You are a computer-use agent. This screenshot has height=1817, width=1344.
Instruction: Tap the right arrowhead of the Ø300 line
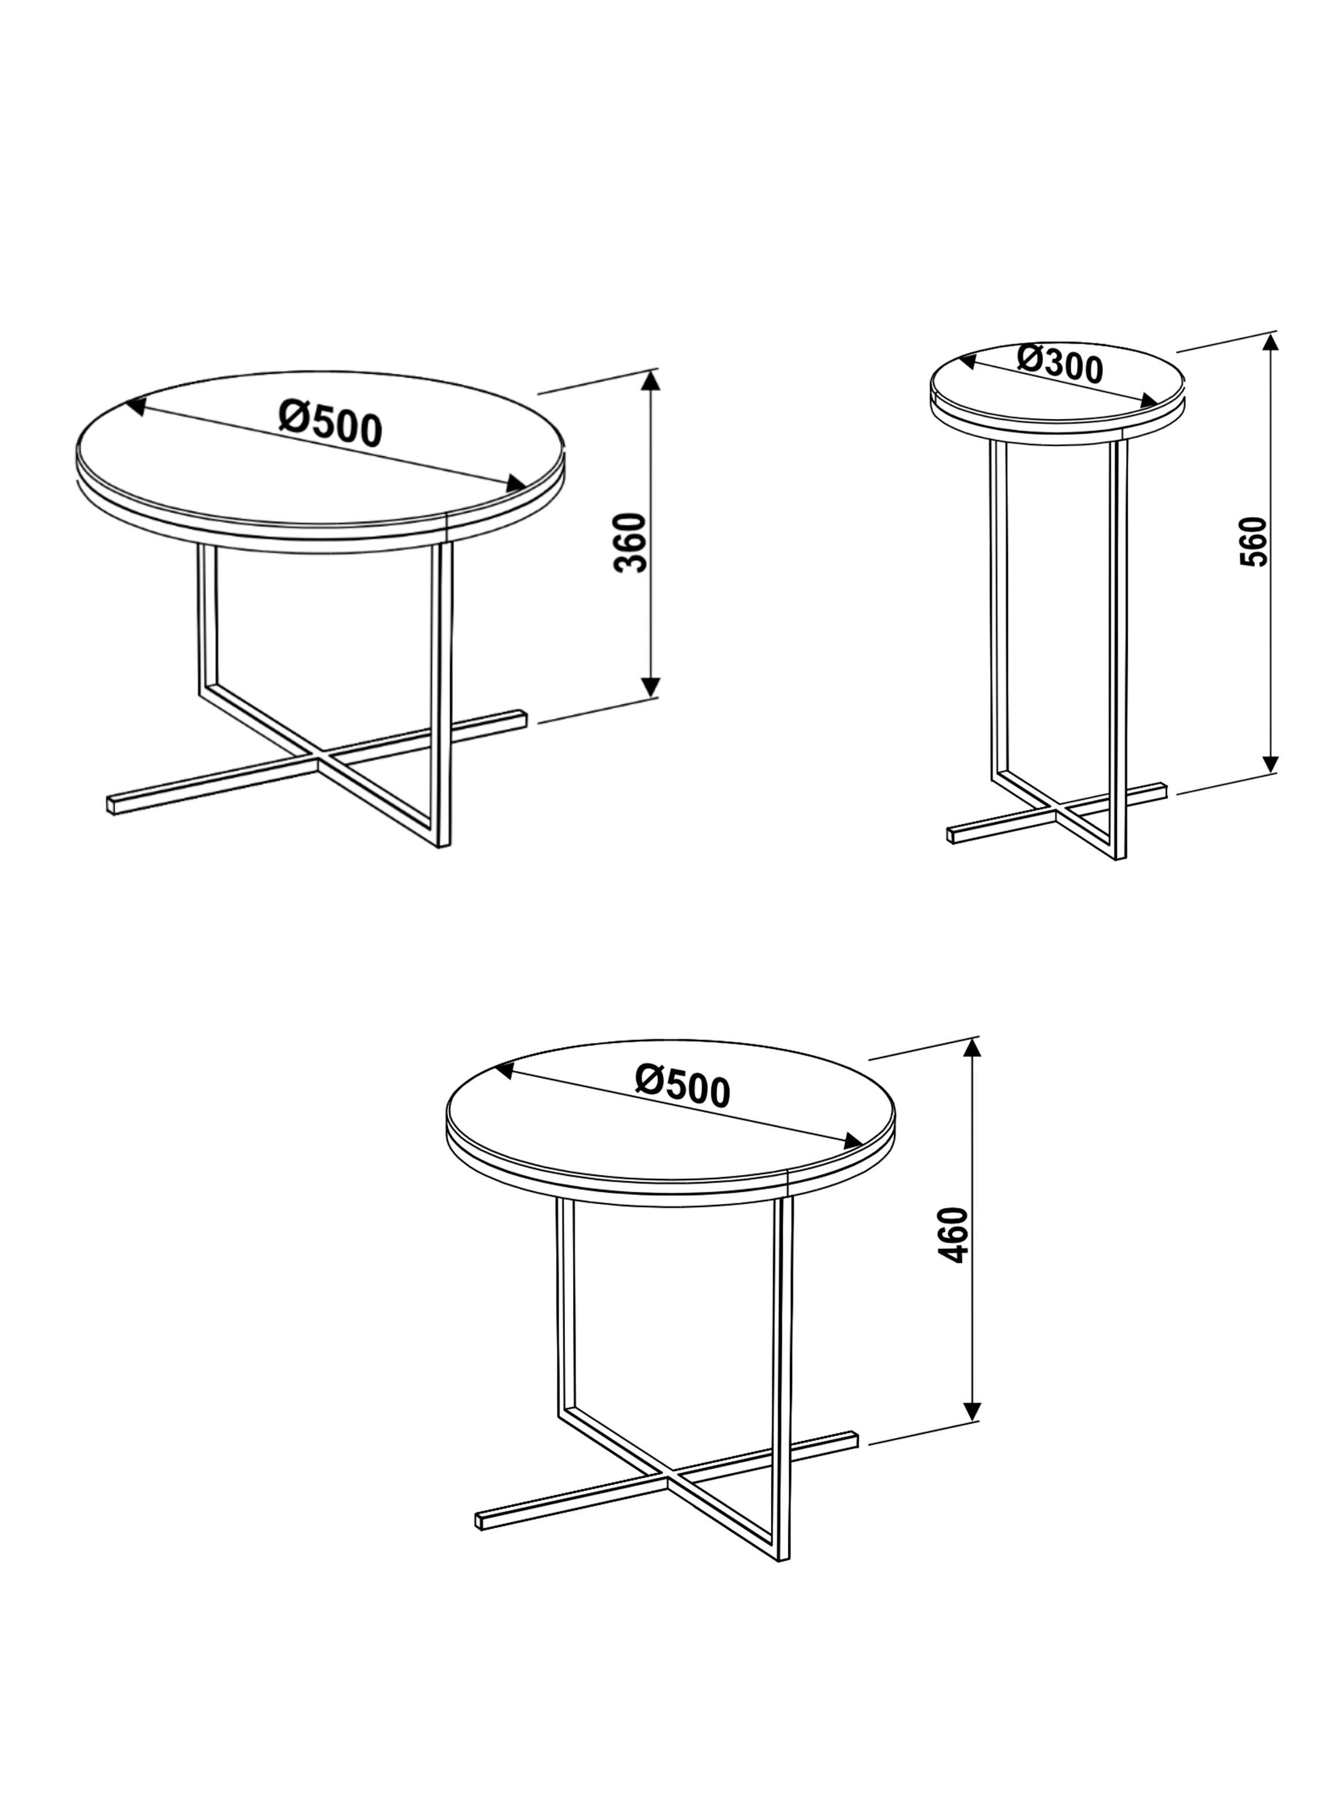1149,400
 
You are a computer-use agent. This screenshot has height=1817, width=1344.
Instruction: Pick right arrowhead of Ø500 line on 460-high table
853,1141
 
